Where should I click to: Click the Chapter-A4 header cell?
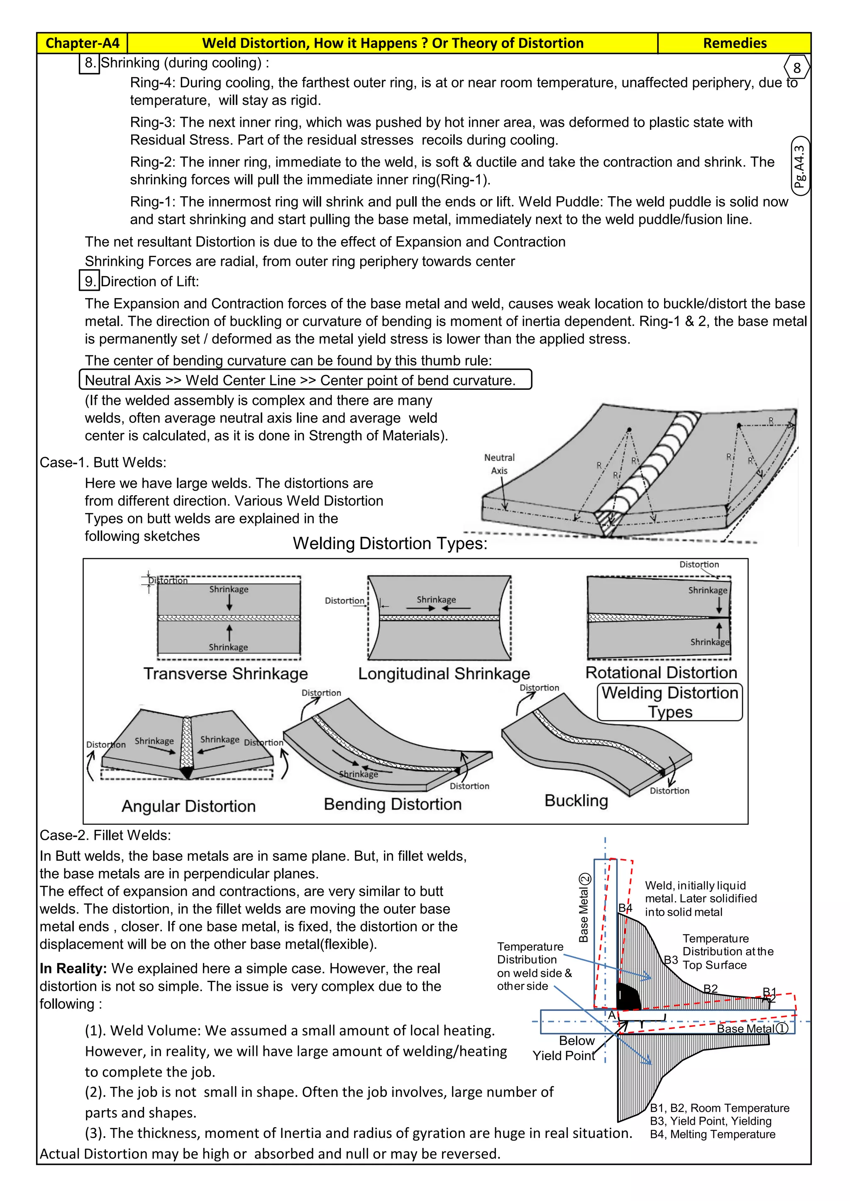pos(82,43)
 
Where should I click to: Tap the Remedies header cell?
pos(734,43)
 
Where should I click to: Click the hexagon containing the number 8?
pos(796,68)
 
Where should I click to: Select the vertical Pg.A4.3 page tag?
pos(799,166)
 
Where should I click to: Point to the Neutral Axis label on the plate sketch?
pos(499,464)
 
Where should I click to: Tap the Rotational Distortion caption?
pos(661,672)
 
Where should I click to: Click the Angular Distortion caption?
pos(188,806)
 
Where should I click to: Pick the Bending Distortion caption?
pos(393,804)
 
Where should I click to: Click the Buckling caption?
pos(576,800)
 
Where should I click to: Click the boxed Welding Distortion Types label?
pos(669,702)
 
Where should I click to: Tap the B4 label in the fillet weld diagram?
pos(625,907)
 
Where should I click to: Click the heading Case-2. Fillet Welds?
pos(105,835)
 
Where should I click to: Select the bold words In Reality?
pos(73,968)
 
